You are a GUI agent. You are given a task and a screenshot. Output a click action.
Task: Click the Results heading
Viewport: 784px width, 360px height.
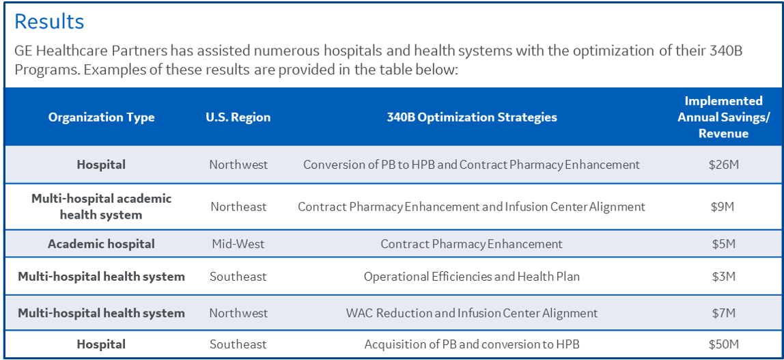[x=49, y=22]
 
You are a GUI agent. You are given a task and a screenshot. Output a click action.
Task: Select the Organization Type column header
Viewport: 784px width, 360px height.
[x=102, y=117]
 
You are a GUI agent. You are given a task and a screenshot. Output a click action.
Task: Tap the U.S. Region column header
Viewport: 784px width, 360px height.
[x=238, y=117]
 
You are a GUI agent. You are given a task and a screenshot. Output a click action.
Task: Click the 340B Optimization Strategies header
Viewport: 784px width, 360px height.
[x=471, y=117]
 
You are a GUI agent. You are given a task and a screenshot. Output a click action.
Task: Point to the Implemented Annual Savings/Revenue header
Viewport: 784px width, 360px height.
[x=723, y=117]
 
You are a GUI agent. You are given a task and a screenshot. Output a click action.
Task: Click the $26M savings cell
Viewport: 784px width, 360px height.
[x=723, y=165]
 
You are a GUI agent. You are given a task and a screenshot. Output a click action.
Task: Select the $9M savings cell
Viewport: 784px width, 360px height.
[x=723, y=206]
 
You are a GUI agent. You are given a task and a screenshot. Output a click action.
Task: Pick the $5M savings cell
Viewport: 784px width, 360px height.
[x=723, y=244]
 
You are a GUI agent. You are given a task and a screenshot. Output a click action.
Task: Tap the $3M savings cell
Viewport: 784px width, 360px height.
[x=723, y=277]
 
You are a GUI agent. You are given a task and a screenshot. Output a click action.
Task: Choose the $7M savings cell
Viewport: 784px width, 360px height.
[x=723, y=314]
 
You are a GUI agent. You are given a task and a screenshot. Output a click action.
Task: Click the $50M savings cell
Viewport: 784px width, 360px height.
[x=723, y=344]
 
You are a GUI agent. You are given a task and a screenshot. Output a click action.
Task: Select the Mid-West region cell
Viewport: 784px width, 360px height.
[x=238, y=244]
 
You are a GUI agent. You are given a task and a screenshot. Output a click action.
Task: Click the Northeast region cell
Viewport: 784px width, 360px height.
[x=238, y=206]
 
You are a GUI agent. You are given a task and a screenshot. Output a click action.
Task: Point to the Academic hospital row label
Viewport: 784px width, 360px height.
[x=102, y=244]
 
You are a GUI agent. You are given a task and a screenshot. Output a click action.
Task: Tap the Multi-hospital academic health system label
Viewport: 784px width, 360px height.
[x=102, y=206]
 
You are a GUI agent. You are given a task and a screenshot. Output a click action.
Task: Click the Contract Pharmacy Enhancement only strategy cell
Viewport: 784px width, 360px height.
[x=471, y=244]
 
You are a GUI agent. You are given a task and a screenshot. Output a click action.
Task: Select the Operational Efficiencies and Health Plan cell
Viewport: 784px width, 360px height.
[x=471, y=277]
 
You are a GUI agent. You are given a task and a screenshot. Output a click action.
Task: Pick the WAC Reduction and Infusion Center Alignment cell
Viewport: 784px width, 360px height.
[x=471, y=314]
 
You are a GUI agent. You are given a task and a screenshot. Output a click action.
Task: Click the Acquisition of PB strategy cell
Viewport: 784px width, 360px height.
[x=471, y=344]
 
